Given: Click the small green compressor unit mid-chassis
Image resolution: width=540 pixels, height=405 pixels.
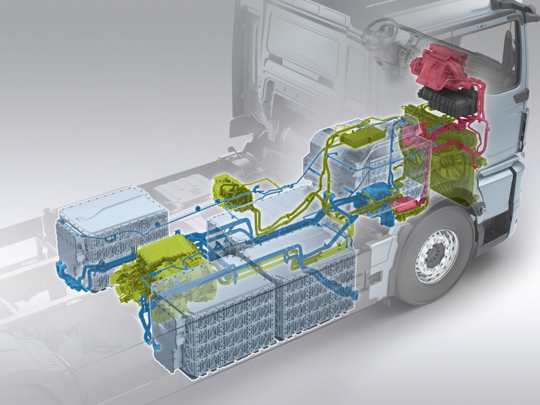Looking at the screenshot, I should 230,192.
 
